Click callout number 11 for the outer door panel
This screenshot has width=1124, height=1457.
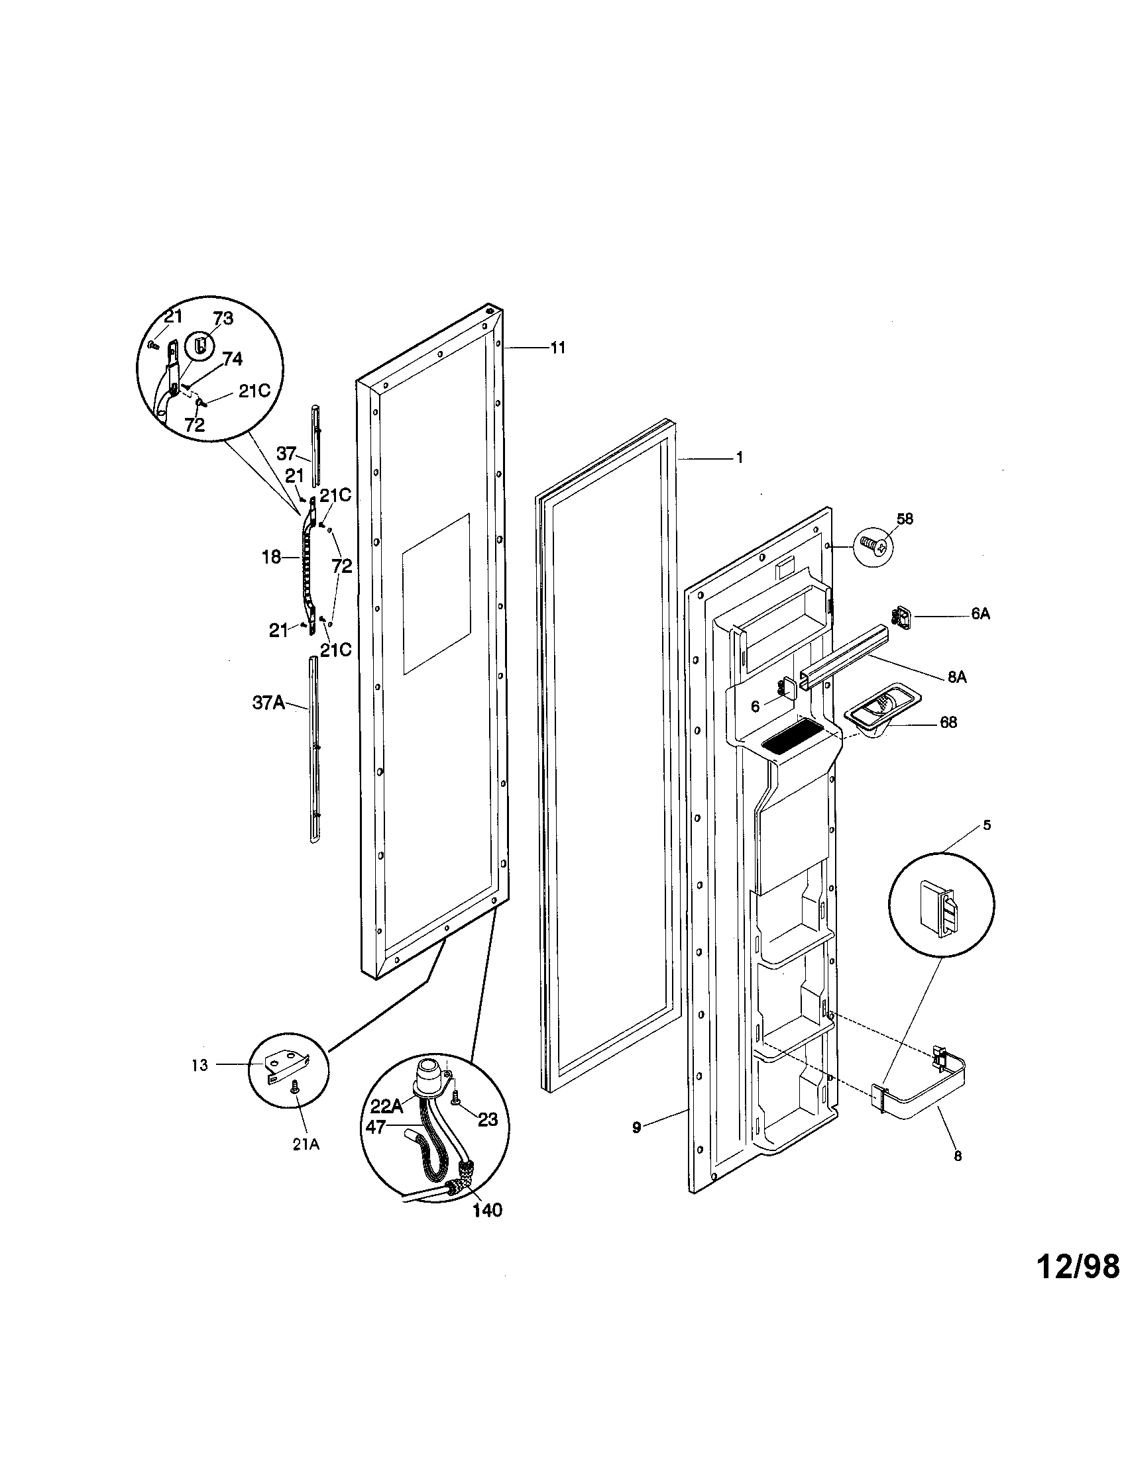[x=557, y=347]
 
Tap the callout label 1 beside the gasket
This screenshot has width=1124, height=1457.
[x=739, y=457]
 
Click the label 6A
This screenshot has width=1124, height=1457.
[x=980, y=615]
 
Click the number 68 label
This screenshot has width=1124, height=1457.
[x=948, y=722]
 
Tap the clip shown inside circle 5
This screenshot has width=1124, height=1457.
[x=940, y=908]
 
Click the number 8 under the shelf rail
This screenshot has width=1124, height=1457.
[x=958, y=1156]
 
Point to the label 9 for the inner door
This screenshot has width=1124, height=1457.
[x=636, y=1127]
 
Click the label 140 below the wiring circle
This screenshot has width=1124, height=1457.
[x=487, y=1210]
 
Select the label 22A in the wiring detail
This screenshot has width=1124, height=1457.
[x=386, y=1106]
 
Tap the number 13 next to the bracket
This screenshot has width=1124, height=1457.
[x=200, y=1066]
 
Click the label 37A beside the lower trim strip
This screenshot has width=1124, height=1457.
[x=268, y=703]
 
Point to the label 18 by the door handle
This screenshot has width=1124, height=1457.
[x=271, y=557]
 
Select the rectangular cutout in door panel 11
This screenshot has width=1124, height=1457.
[x=436, y=593]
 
